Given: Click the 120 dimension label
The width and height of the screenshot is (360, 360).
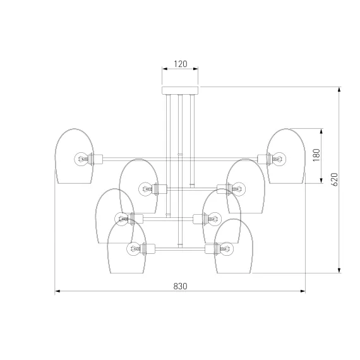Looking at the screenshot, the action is [x=181, y=64].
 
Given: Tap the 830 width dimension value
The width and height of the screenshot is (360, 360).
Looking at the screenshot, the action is [x=180, y=286].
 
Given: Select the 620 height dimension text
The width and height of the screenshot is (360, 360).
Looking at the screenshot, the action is [x=335, y=179].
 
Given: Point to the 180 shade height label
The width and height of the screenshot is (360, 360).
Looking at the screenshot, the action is [x=316, y=155].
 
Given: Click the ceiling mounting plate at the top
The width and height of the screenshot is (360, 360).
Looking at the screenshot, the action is [x=180, y=90].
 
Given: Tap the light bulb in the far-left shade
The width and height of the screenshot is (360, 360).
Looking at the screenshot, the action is [x=81, y=159].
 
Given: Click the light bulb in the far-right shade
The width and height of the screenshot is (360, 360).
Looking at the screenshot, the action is [x=279, y=159].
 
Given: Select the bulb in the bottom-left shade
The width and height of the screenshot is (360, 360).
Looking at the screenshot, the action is [x=134, y=249].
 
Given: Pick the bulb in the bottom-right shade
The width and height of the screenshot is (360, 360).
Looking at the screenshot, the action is [x=226, y=249].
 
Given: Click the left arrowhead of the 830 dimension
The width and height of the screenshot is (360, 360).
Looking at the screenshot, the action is [x=57, y=291].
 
